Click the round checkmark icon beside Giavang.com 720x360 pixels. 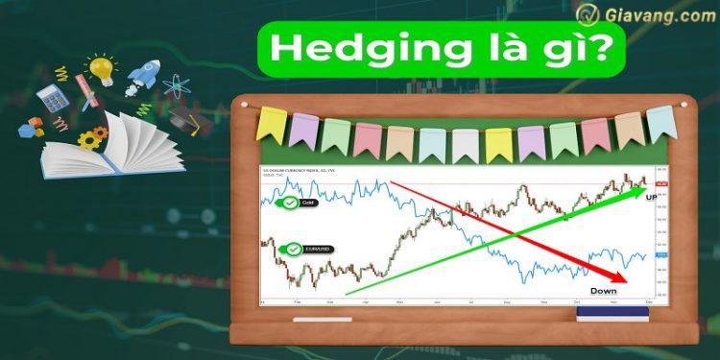[x=588, y=16]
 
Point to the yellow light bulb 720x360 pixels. [x=100, y=68]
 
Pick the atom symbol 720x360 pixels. [x=176, y=85]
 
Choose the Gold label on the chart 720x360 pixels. [x=305, y=203]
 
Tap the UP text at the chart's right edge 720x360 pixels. [x=651, y=197]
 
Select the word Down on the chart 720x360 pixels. [x=603, y=290]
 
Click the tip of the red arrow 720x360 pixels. [x=627, y=281]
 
